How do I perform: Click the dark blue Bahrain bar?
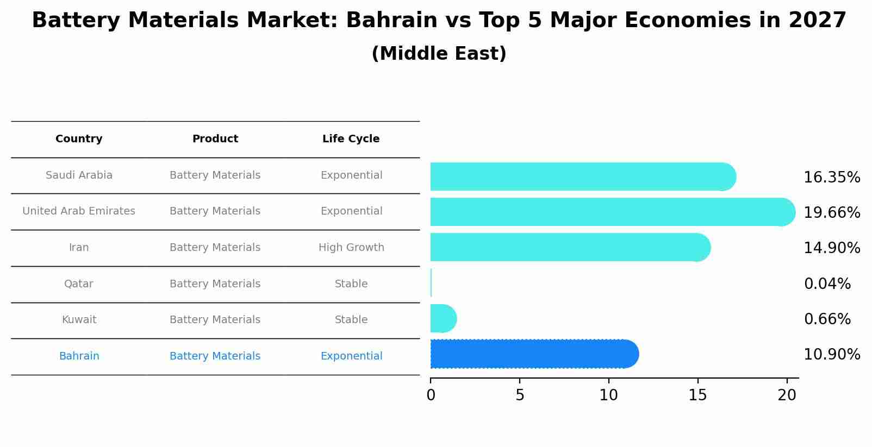click(533, 354)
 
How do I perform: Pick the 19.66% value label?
click(831, 212)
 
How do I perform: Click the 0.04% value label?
click(827, 284)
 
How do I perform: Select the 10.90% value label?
click(831, 355)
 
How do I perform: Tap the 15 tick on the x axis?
click(697, 395)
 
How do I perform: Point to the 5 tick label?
click(520, 395)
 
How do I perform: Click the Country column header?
click(79, 139)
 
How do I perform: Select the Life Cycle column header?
click(351, 139)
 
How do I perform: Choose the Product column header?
click(215, 139)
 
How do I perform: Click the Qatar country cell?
click(79, 284)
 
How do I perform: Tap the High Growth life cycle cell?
click(351, 248)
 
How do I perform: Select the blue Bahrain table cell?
click(79, 356)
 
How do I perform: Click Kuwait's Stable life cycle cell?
click(351, 320)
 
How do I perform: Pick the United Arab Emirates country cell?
click(79, 211)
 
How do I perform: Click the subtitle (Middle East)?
click(439, 54)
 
